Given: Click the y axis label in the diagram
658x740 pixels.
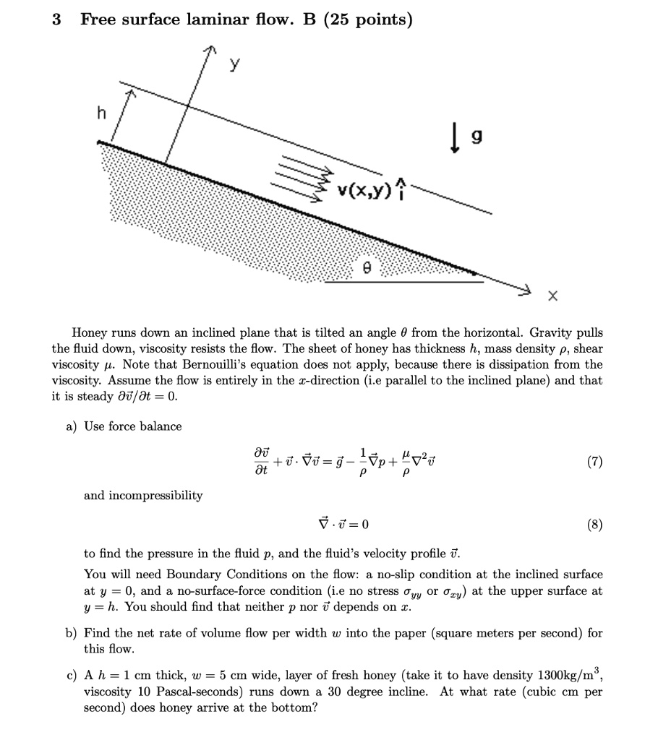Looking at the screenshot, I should coord(234,66).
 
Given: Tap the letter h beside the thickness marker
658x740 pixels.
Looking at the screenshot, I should coord(102,113).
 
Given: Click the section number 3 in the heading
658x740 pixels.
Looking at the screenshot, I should coord(56,20).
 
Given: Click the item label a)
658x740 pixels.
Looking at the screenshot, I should coord(72,426).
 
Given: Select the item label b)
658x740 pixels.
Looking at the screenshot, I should coord(72,633).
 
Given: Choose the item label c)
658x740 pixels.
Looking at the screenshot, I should coord(72,676).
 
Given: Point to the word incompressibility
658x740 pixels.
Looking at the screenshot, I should coord(143,496).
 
